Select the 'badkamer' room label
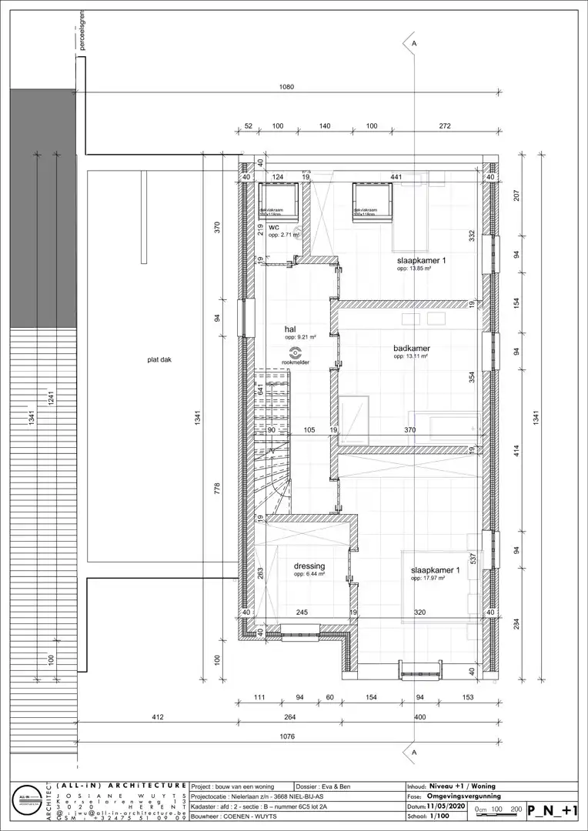[411, 349]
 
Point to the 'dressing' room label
[309, 566]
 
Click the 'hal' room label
[290, 329]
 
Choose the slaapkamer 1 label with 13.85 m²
[422, 261]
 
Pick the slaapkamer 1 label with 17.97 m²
[435, 570]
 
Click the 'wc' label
[273, 227]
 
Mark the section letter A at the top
[414, 45]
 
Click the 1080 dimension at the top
[286, 88]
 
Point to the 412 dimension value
[158, 717]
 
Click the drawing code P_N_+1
[553, 809]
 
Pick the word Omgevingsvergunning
[464, 796]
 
